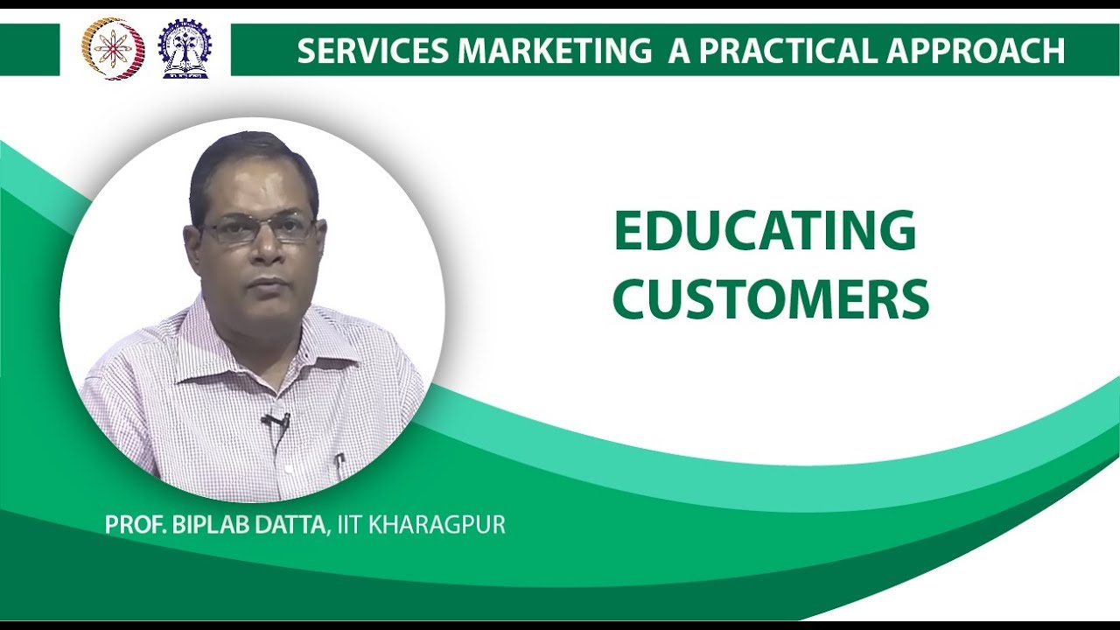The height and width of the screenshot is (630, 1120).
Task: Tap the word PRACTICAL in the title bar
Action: [787, 52]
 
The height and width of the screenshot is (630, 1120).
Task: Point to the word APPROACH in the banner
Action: [976, 52]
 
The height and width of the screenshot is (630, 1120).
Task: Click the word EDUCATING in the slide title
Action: [765, 232]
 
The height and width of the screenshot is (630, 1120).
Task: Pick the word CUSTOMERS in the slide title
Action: [770, 300]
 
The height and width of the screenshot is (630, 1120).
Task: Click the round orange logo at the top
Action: [113, 49]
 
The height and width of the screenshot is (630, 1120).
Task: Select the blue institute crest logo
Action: [184, 49]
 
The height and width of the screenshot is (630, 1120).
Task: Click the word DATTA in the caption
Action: [290, 525]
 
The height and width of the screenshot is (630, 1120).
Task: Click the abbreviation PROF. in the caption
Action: [132, 525]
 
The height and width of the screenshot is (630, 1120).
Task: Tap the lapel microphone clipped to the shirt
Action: [277, 422]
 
